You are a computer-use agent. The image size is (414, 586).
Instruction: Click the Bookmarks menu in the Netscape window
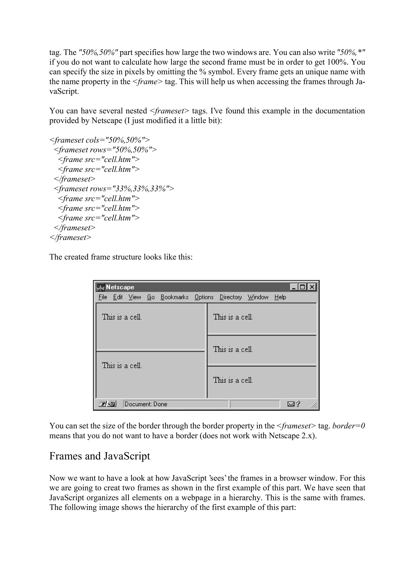[174, 297]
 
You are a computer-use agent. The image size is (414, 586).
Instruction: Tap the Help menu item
[280, 297]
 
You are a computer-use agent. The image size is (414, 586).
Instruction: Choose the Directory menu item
[231, 297]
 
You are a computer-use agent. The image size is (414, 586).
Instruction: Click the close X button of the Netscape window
[312, 287]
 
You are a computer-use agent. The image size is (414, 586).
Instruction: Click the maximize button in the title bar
[303, 287]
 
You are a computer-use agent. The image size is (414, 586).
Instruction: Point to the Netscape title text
[120, 287]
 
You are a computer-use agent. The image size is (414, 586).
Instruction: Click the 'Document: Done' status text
[146, 404]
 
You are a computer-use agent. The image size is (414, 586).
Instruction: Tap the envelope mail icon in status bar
[291, 404]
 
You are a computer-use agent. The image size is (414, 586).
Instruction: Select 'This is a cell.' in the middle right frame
[233, 349]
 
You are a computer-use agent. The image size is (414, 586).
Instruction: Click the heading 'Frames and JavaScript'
[99, 456]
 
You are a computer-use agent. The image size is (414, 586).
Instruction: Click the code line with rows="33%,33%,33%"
[114, 189]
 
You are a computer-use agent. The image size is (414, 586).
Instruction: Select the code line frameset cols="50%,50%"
[99, 140]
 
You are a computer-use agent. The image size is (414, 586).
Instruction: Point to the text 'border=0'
[349, 426]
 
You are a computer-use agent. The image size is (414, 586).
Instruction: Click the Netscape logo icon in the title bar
[100, 287]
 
